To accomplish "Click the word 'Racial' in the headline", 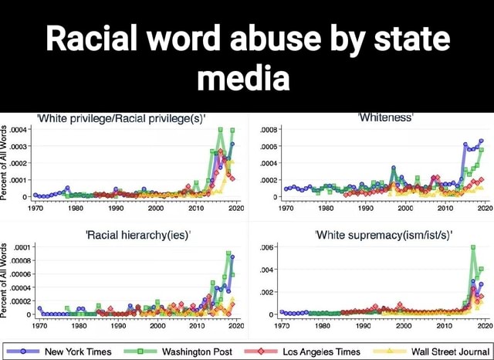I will [x=93, y=38].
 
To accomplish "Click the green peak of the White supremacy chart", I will [x=473, y=247].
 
